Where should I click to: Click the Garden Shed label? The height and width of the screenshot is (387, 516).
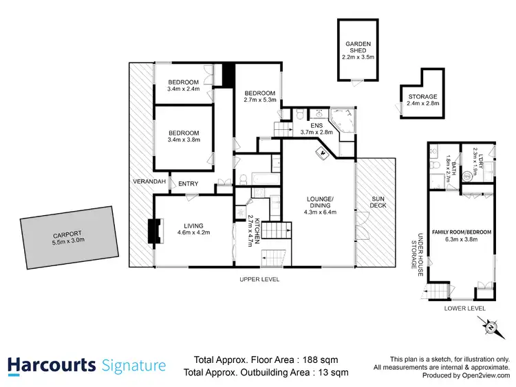[358, 50]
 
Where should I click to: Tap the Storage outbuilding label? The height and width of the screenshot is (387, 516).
[422, 101]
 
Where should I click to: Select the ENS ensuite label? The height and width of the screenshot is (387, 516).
[316, 129]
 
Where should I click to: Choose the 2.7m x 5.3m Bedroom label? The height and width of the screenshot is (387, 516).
[260, 97]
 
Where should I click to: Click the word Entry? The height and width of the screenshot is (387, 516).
[189, 184]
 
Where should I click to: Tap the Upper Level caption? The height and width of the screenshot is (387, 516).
[258, 280]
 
